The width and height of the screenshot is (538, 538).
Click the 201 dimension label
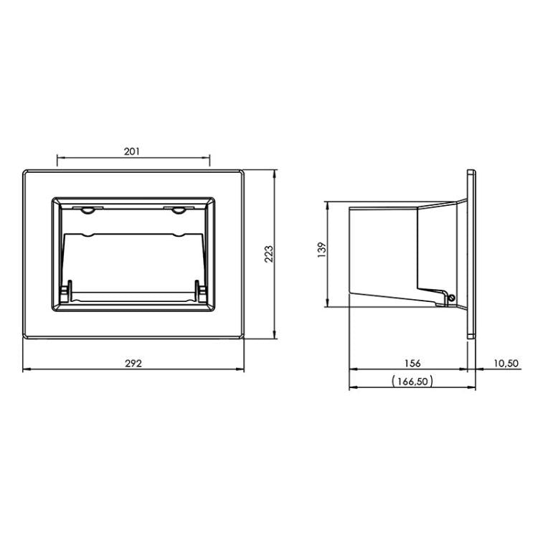[x=132, y=151]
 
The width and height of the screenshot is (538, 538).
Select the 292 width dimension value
[x=134, y=363]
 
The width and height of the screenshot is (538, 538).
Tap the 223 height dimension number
[x=269, y=254]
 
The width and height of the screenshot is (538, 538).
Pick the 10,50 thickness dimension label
[x=506, y=363]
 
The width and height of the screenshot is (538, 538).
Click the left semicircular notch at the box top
[x=86, y=210]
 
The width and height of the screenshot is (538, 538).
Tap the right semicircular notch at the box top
[x=179, y=210]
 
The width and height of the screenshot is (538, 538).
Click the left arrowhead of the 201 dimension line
[x=59, y=159]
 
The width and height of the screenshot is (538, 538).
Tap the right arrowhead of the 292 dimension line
[x=242, y=370]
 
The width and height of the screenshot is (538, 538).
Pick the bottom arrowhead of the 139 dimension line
[x=329, y=304]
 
